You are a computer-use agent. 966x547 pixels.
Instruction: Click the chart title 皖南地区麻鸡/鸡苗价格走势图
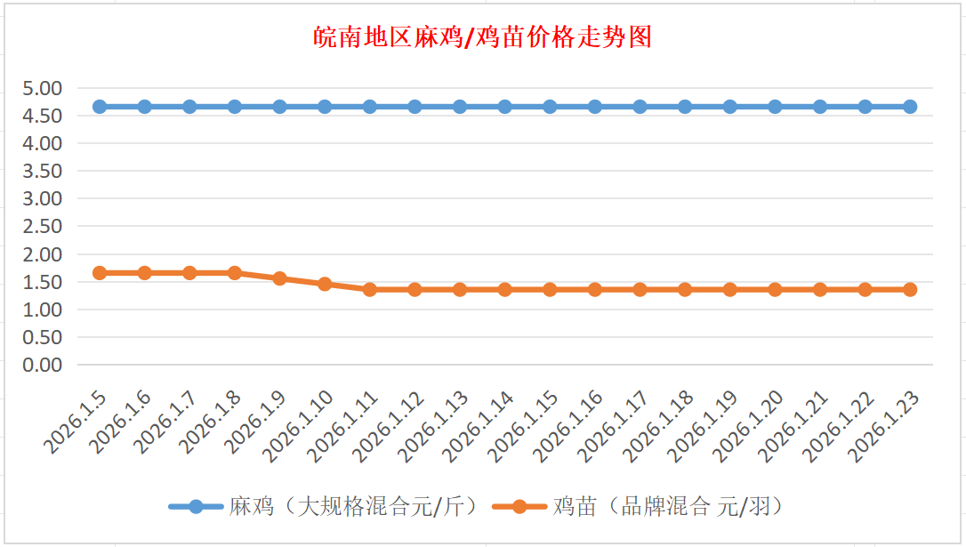(483, 38)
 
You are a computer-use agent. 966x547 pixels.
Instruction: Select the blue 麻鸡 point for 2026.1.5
(100, 107)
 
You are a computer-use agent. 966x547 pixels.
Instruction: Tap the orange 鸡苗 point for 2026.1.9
(280, 278)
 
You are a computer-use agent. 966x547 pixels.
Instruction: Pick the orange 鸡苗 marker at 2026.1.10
(325, 285)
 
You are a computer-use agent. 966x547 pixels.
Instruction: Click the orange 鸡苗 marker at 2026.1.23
(910, 289)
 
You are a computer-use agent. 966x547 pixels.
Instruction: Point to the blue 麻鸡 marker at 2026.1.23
(910, 107)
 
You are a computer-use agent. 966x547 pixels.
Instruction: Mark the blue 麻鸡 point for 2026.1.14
(505, 107)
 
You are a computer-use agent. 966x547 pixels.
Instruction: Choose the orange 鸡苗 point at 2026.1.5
(100, 273)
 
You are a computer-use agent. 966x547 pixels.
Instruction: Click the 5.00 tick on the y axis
(43, 88)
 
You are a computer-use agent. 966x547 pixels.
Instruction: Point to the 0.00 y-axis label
(43, 365)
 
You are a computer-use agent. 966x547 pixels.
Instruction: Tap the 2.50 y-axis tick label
(43, 226)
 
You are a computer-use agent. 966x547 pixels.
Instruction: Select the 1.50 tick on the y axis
(43, 282)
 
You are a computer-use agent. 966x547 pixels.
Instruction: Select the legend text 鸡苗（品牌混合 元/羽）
(669, 507)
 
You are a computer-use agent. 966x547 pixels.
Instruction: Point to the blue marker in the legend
(196, 507)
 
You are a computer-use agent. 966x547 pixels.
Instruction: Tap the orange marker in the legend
(519, 507)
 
